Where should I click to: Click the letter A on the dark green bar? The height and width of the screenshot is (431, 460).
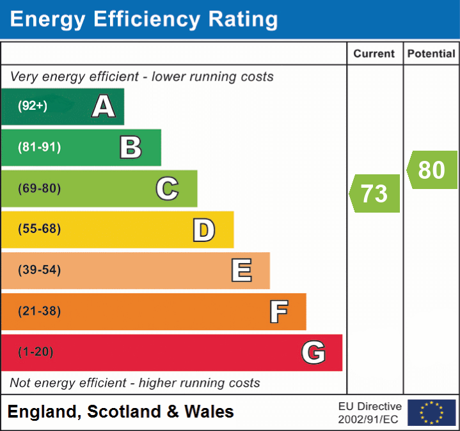(x=104, y=107)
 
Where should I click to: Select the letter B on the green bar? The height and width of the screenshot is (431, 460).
(x=131, y=147)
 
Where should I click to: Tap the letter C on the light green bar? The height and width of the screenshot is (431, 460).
(x=167, y=188)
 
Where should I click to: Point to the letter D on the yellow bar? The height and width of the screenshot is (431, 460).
(x=203, y=230)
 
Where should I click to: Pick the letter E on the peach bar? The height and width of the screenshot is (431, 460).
(x=241, y=271)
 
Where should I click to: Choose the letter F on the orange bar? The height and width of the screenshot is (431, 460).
(x=278, y=312)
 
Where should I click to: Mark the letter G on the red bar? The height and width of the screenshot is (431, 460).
(x=313, y=352)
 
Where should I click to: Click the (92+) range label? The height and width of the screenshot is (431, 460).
(x=33, y=107)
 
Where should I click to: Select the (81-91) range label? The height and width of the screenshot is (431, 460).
(x=39, y=147)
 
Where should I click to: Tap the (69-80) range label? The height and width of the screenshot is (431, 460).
(x=39, y=188)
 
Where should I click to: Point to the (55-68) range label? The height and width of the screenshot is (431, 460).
(x=39, y=229)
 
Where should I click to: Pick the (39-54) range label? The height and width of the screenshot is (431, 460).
(x=39, y=270)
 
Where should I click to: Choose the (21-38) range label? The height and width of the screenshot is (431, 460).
(x=39, y=311)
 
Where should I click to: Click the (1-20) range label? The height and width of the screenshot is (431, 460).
(x=36, y=352)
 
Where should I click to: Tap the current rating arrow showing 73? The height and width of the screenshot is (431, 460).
(x=375, y=193)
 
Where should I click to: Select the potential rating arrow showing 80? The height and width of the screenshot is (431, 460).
(x=432, y=170)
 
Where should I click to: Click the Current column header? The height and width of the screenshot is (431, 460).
(x=375, y=54)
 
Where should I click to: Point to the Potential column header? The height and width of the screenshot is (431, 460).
(x=431, y=54)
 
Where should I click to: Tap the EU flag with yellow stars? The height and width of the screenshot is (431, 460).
(x=431, y=412)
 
